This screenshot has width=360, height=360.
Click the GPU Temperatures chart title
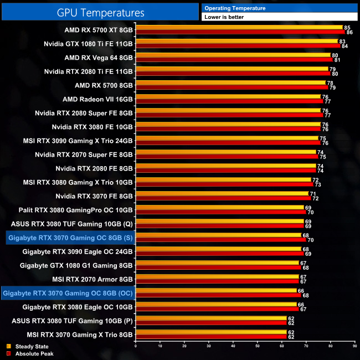click(100, 12)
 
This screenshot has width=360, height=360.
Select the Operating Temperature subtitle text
click(235, 8)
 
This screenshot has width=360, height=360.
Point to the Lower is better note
click(224, 17)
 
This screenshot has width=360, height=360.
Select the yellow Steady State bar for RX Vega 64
click(233, 55)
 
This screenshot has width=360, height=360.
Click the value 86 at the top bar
click(349, 32)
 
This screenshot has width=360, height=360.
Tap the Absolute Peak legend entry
click(30, 353)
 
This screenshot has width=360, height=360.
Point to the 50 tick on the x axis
click(257, 346)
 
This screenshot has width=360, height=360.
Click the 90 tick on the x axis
click(354, 346)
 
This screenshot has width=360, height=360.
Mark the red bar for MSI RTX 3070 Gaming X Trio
click(210, 336)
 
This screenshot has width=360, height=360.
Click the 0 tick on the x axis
click(136, 346)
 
